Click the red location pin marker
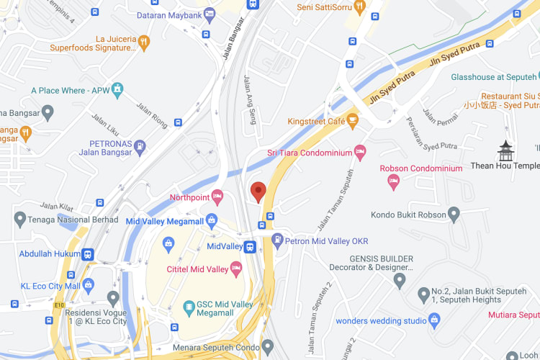pos(258,192)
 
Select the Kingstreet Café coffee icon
pos(353,120)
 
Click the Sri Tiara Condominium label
pos(307,152)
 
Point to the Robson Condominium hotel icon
pos(393,181)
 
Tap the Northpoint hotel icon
pos(217,197)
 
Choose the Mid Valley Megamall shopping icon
pos(212,220)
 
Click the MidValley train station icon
pos(250,246)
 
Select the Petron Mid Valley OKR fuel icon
pos(277,240)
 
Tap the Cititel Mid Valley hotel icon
pos(235,268)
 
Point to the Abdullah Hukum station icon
pos(88,254)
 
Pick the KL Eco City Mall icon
pos(88,285)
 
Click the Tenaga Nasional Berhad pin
pos(19,218)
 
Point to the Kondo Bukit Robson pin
pos(454,214)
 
